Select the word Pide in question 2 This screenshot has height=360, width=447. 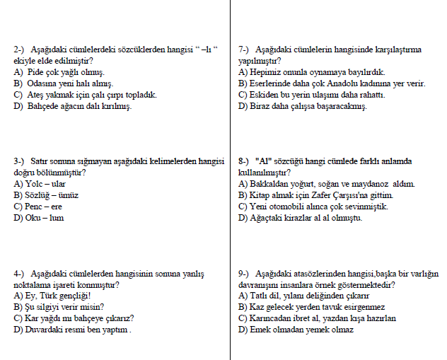[33, 72]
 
